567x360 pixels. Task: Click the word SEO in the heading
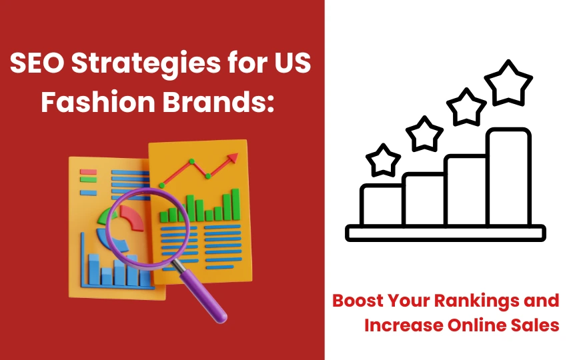coord(37,63)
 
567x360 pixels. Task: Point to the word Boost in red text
coord(358,301)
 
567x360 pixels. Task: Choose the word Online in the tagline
coord(477,325)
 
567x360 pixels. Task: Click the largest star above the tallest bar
coord(508,83)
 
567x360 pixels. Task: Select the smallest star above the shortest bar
coord(383,161)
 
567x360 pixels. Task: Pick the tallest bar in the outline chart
coord(508,177)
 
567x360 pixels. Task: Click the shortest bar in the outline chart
coord(381,205)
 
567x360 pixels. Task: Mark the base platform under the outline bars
coord(446,233)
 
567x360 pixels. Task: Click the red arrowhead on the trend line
coord(233,157)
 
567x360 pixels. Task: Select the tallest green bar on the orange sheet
coord(235,205)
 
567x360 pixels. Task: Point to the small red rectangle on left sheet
coord(88,172)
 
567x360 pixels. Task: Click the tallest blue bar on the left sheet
coord(93,270)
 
